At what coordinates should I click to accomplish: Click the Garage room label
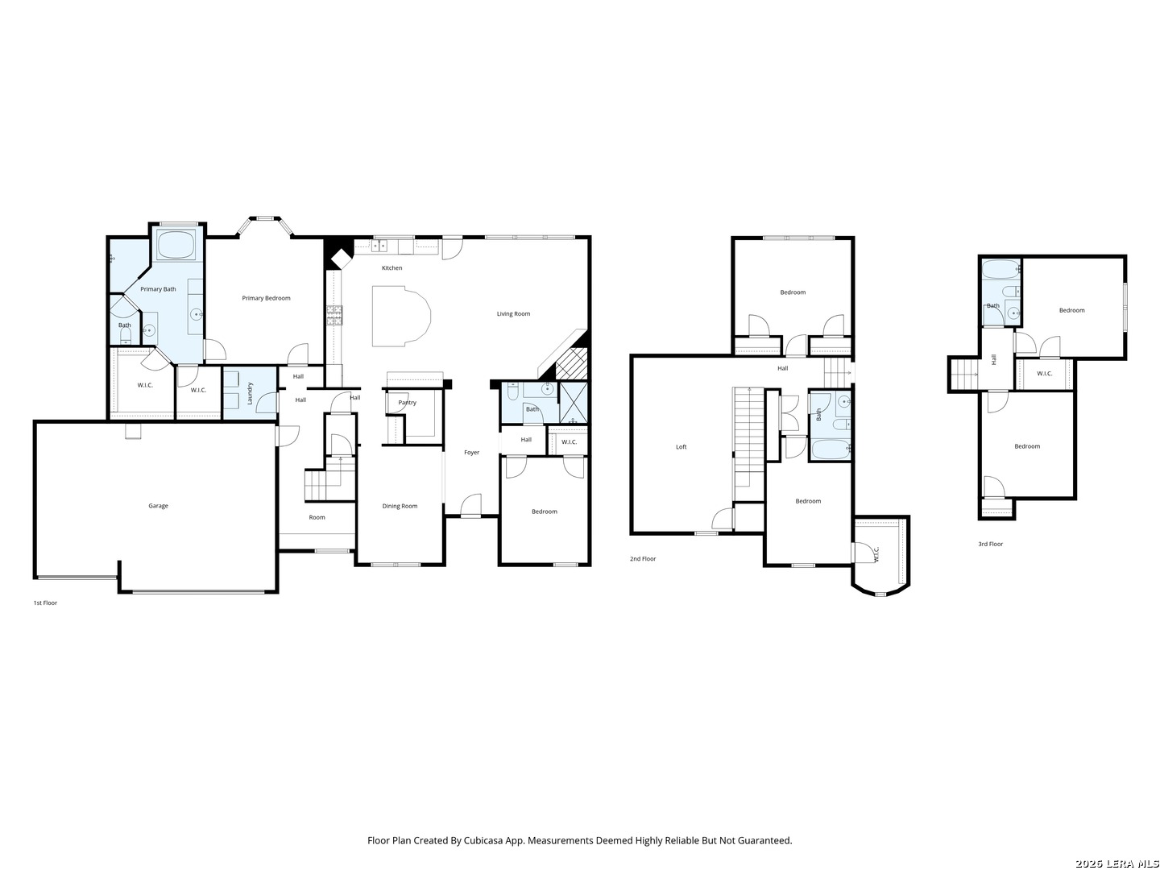pos(158,506)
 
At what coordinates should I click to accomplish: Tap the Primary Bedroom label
pos(266,298)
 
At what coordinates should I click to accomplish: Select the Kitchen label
pos(391,267)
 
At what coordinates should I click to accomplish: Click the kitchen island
pos(401,317)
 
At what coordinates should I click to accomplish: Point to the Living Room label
pos(513,314)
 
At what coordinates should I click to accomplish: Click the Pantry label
pos(407,403)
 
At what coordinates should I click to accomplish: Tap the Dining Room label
pos(400,506)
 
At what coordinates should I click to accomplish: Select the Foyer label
pos(471,452)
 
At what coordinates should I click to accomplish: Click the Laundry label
pos(250,394)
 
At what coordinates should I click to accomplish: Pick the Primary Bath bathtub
pos(177,244)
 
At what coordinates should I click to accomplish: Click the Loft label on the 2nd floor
pos(681,447)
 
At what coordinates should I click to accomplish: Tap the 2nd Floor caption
pos(643,559)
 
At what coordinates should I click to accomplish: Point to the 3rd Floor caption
pos(990,544)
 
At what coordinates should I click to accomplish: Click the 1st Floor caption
pos(45,603)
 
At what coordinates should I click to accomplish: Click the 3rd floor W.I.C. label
pos(1044,374)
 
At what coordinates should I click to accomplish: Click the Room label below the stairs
pos(317,517)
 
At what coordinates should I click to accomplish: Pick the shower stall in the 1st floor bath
pos(573,402)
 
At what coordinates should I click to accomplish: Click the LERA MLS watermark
pos(1116,863)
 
